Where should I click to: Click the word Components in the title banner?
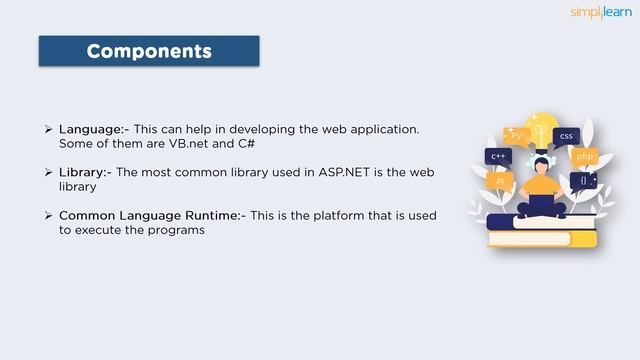[149, 50]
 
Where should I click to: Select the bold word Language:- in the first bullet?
[91, 130]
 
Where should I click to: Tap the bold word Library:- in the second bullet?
[84, 172]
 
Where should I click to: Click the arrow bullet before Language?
[48, 130]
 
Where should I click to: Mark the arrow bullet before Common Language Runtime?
[48, 215]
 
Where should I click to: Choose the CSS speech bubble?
[566, 136]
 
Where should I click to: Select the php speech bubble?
[585, 157]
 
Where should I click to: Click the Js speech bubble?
[500, 181]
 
